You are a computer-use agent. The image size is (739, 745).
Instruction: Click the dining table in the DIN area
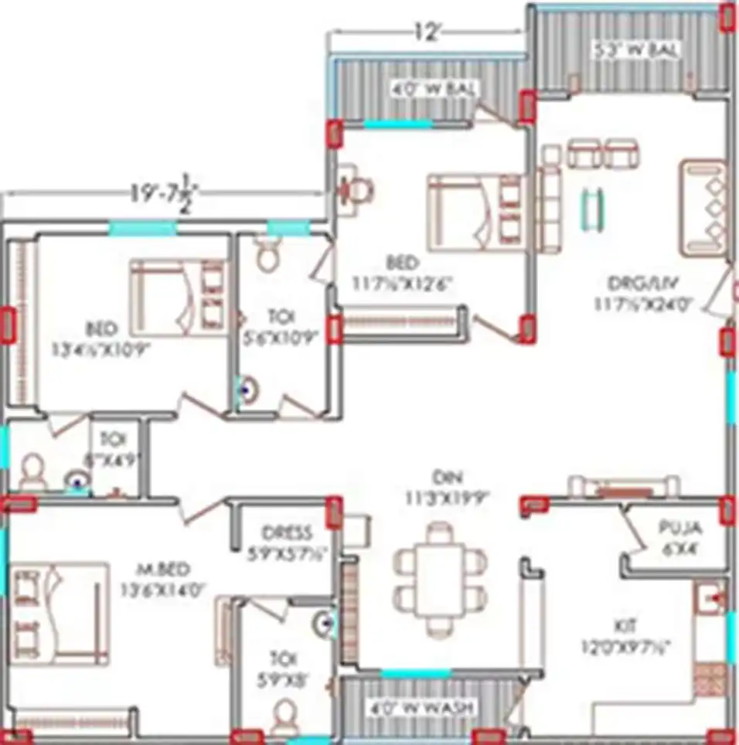[438, 577]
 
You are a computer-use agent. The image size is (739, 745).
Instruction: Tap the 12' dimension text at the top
[428, 32]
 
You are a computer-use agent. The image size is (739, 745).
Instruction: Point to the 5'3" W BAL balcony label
[635, 51]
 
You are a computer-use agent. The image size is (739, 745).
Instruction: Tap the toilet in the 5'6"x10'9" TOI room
[268, 253]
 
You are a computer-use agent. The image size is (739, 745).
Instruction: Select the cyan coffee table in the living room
[591, 207]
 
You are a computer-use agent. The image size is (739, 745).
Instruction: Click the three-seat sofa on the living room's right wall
[703, 207]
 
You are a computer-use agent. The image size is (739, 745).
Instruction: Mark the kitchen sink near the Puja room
[710, 598]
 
